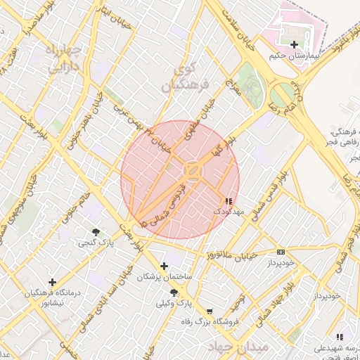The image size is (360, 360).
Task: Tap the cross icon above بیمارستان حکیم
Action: point(293,45)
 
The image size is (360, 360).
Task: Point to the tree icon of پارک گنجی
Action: point(96,232)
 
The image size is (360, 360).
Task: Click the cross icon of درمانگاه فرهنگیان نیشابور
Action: point(52,282)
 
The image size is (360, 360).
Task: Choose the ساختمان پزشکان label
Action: point(165,277)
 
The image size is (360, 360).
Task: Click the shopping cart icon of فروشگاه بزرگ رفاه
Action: point(209,311)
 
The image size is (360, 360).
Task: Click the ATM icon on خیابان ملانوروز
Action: point(281,252)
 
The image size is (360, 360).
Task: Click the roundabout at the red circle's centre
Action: point(192,171)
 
